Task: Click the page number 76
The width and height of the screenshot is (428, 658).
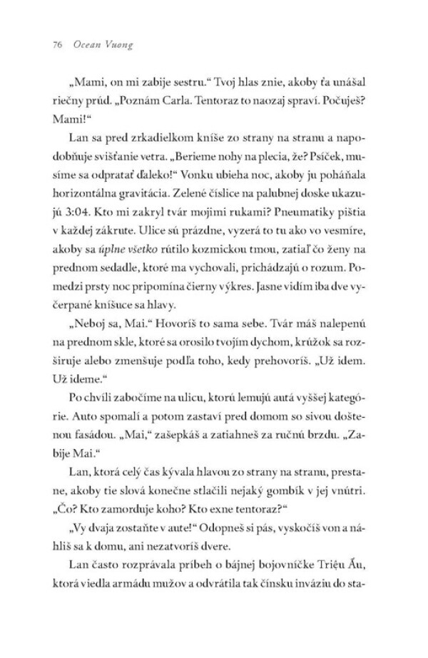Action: tap(58, 44)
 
